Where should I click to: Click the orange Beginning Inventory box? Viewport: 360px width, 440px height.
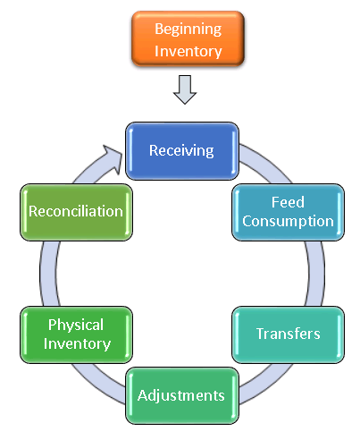coord(188,38)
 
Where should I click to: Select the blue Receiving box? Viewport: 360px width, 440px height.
coord(182,151)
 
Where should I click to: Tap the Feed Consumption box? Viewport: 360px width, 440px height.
coord(288,212)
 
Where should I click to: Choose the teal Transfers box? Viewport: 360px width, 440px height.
coord(288,334)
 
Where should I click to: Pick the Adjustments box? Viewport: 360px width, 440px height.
coord(182,395)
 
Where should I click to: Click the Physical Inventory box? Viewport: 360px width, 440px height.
coord(76,334)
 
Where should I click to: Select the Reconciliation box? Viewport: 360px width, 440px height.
coord(76,212)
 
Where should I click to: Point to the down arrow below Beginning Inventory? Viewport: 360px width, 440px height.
coord(185,89)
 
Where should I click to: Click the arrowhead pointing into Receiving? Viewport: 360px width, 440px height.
coord(113,158)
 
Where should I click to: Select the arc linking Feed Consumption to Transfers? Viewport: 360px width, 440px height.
coord(315,274)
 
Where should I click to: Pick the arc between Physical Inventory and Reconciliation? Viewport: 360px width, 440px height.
coord(48,274)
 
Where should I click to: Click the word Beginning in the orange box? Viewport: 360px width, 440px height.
coord(188,30)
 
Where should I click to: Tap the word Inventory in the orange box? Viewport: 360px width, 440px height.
coord(188,51)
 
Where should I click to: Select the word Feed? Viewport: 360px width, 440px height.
coord(288,202)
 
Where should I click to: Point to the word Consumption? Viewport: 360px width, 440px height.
coord(288,222)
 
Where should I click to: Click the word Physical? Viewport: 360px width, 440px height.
coord(76,326)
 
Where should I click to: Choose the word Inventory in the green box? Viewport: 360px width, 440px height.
coord(77,344)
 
